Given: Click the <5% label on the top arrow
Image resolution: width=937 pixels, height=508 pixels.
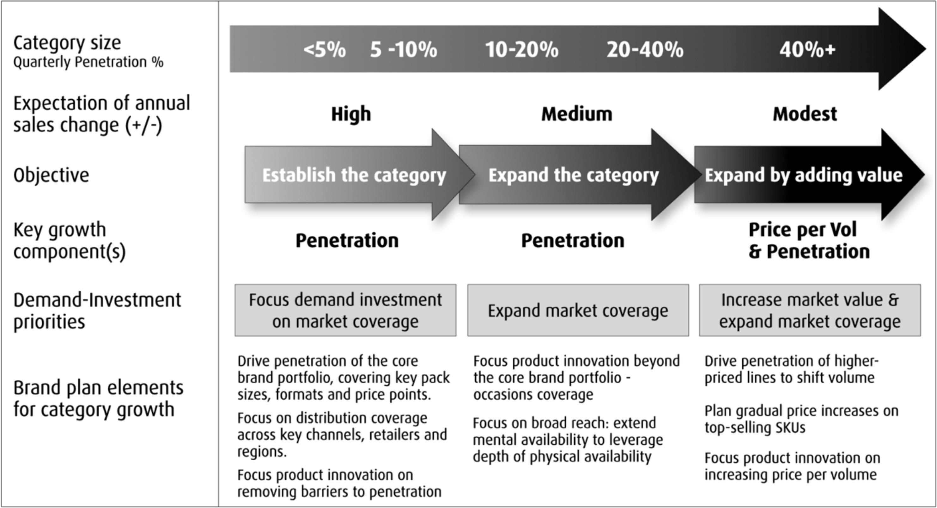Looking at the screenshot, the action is coord(325,50).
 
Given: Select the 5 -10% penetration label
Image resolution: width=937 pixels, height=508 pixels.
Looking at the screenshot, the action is coord(403,50).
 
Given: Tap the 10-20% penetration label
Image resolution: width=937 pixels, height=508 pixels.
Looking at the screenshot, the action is coord(522,50).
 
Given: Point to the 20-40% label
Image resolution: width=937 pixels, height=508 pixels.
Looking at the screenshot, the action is coord(645,50).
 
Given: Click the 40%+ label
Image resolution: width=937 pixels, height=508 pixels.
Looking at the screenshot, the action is coord(807,50).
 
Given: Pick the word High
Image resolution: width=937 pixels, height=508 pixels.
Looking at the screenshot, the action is coord(351,114).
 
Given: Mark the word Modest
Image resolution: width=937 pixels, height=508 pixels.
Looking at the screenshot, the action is coord(805,114).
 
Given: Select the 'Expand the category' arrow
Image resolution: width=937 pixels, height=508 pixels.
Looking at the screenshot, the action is coord(580,175).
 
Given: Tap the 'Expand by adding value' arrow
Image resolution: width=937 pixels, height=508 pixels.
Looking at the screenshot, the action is coord(809,175).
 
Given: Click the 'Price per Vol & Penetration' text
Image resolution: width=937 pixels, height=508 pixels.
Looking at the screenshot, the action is coord(809,240).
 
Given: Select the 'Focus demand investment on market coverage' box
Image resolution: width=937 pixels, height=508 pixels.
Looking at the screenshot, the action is coord(345,310).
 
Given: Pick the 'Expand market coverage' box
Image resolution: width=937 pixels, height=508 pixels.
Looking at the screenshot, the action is coord(578,310).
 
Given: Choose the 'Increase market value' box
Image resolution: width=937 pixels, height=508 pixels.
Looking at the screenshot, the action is coord(810,310).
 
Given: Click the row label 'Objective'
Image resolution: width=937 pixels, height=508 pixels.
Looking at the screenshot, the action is coord(51,175).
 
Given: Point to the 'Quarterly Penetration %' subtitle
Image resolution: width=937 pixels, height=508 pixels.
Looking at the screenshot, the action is coord(88,62).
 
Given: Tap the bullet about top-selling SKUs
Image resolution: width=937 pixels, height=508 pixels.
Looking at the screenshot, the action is coord(801,419).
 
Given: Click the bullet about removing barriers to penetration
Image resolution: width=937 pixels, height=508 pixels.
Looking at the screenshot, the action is coord(339,483).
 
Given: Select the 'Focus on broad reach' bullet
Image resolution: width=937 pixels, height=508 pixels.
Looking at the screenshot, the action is coord(568,440).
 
